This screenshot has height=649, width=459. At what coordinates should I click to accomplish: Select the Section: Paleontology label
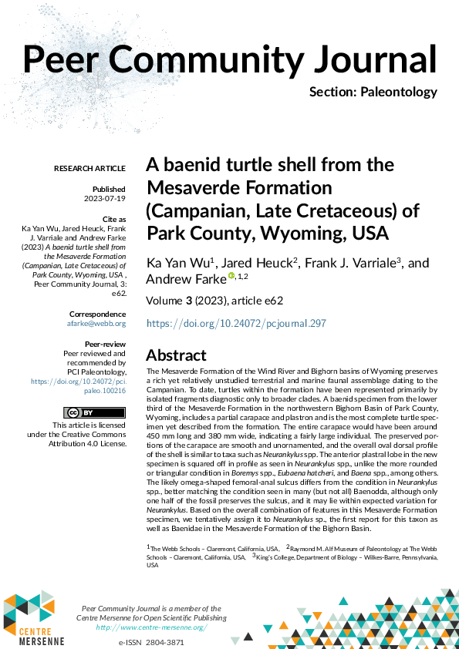point(373,92)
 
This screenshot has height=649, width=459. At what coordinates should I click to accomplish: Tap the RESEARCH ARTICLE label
point(89,168)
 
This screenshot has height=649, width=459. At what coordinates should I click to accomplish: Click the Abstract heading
point(177,355)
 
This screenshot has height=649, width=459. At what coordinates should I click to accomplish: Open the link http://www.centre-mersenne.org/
point(151,627)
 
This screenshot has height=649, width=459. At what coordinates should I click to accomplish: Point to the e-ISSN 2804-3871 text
point(151,642)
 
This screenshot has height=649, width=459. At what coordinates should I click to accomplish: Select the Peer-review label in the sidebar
point(104,344)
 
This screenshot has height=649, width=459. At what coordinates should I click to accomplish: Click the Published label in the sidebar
point(109,189)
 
